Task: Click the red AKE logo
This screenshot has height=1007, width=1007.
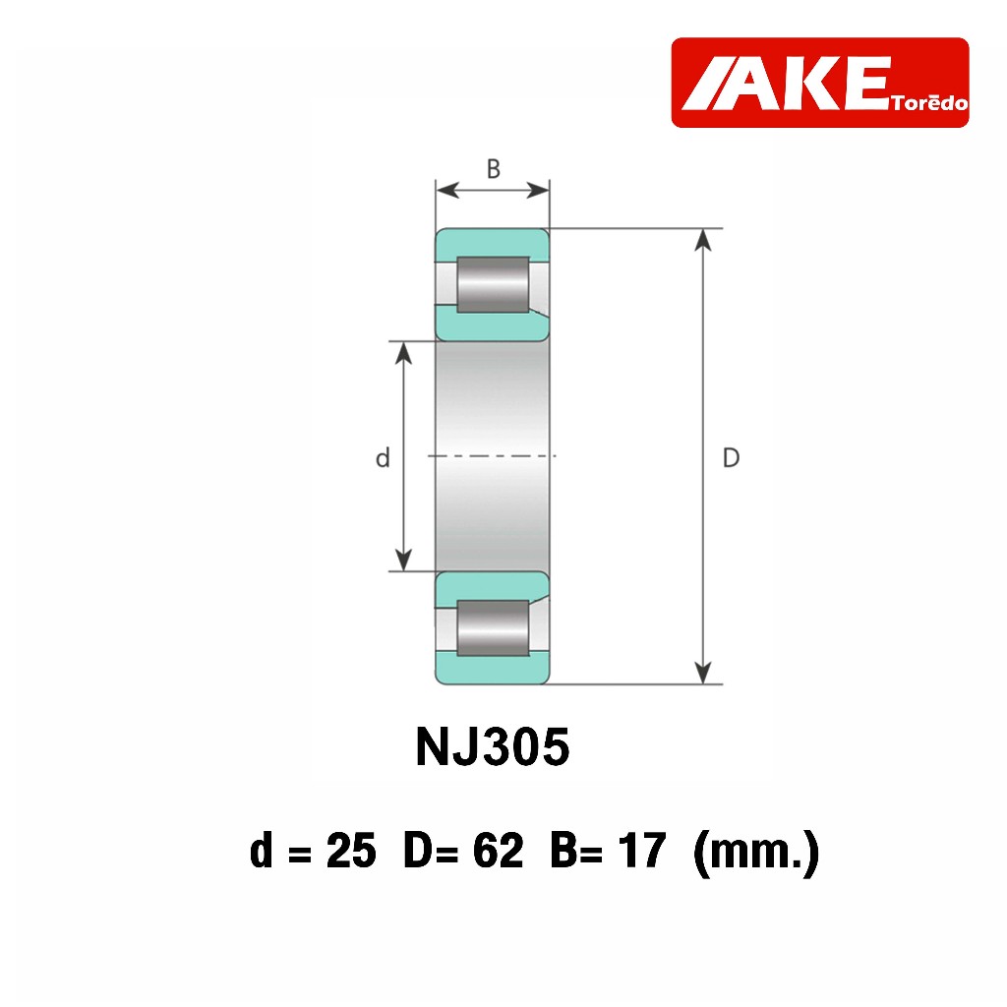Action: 819,83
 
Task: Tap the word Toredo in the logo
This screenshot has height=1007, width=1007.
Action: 929,103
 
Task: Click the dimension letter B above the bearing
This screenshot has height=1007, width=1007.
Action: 494,169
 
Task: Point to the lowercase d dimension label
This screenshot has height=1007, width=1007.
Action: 383,458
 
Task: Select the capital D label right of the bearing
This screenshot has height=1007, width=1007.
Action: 731,458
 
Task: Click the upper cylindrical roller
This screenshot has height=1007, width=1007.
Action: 494,285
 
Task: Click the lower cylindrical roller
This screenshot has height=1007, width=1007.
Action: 494,628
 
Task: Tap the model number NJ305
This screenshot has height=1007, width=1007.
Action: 493,747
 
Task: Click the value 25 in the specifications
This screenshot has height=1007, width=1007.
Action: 351,851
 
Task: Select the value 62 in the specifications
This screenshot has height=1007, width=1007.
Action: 498,851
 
